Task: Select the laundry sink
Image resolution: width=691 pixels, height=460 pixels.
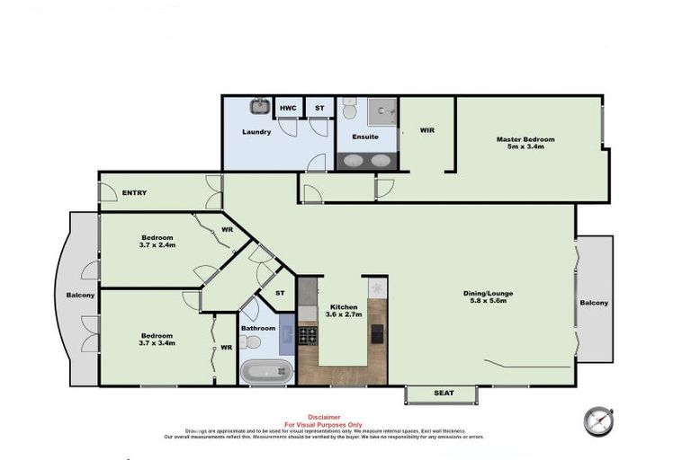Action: (260, 107)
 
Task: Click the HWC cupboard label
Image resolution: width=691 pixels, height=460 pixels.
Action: (288, 108)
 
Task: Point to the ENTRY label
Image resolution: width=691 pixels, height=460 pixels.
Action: (135, 192)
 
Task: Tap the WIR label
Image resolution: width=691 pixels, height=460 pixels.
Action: (426, 130)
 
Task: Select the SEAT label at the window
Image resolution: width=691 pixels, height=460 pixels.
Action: (443, 393)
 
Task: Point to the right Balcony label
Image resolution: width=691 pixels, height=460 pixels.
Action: (594, 303)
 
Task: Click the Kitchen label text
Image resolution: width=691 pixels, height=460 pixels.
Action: (343, 306)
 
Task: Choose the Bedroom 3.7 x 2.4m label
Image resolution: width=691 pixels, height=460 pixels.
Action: (157, 241)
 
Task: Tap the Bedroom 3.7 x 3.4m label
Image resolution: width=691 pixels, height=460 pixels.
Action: (157, 339)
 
